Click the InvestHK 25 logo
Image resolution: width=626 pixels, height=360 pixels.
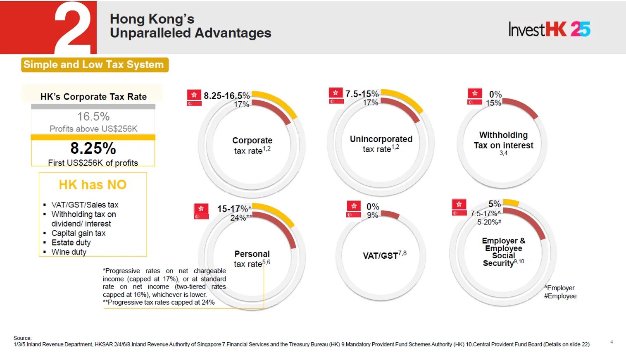(549, 29)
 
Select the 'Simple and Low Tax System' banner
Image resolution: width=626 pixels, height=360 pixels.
(95, 64)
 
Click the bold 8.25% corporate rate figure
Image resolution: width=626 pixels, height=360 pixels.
(93, 148)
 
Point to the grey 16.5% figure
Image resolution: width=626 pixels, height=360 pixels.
(93, 117)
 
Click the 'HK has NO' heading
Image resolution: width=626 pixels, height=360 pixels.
(93, 184)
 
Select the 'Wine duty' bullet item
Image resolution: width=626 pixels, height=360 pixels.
(69, 252)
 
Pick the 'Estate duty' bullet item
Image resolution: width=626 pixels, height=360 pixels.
(71, 242)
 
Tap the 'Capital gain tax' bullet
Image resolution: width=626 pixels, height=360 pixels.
(78, 233)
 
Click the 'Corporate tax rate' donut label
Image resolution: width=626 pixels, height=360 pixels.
(252, 145)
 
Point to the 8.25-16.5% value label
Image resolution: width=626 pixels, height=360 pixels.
(226, 96)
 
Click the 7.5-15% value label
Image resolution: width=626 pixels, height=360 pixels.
(362, 94)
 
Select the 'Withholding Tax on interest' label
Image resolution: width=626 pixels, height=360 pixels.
(503, 140)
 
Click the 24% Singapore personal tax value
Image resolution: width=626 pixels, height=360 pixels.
(238, 218)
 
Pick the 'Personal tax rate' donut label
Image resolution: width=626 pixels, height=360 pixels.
(252, 259)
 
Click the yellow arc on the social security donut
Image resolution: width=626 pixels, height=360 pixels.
(512, 203)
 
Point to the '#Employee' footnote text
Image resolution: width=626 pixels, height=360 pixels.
(560, 296)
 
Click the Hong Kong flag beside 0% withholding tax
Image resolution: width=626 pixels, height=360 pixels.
(475, 93)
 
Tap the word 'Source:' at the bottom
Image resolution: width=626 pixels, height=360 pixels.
(22, 338)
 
